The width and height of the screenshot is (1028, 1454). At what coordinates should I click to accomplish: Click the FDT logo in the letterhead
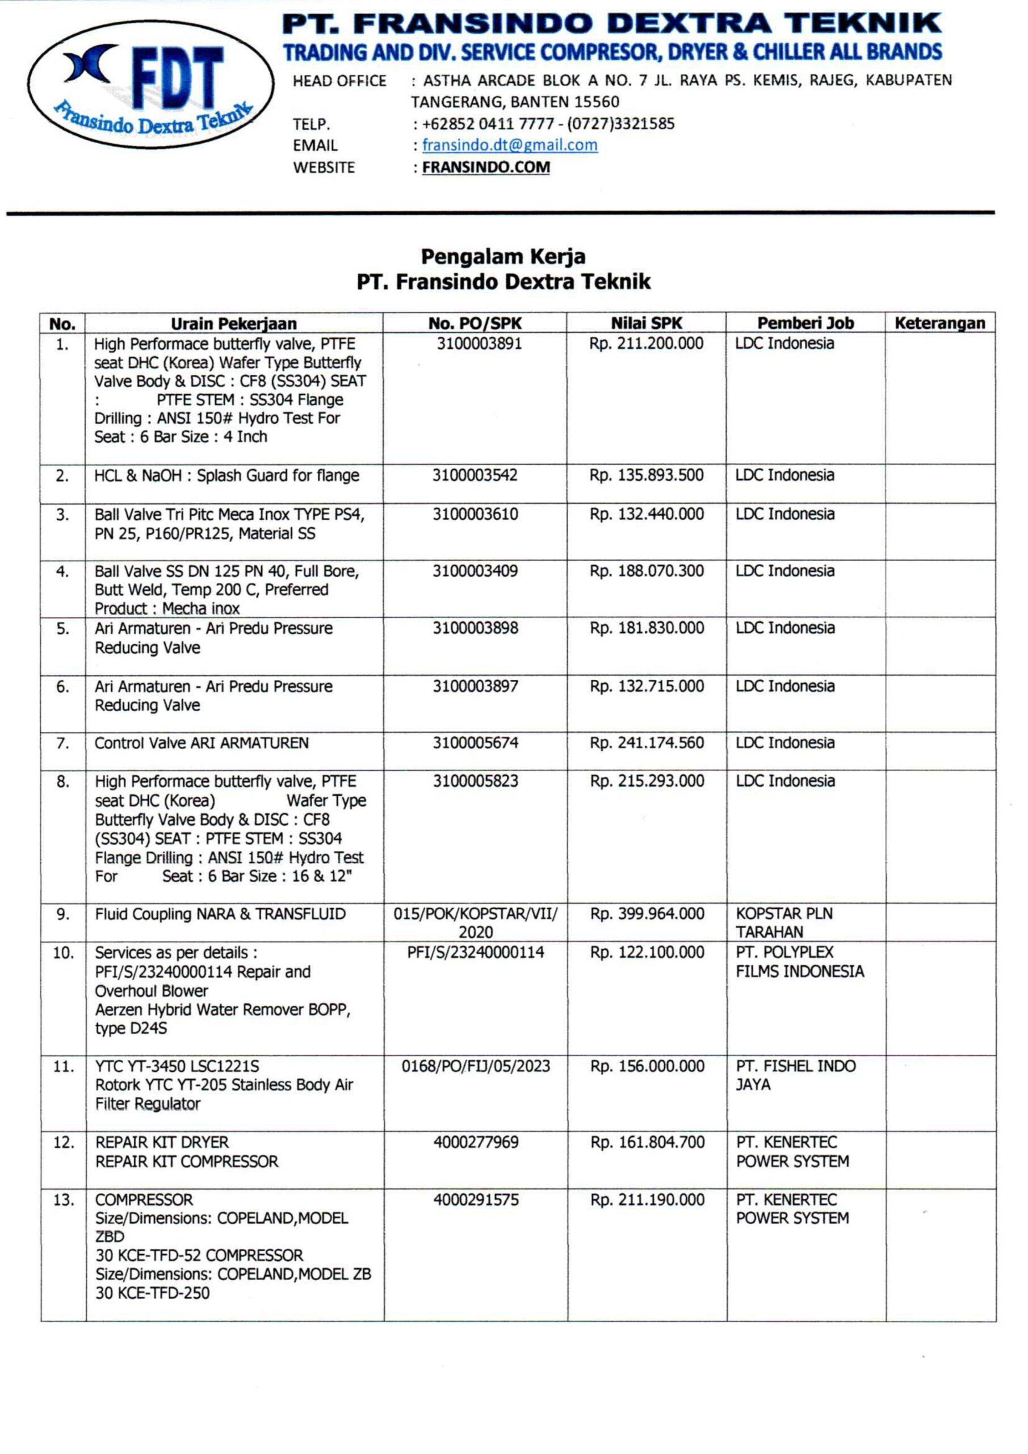pos(150,84)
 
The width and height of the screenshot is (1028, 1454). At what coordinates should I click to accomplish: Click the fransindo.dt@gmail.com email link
pos(510,145)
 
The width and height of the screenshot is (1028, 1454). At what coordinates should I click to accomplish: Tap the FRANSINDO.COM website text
pos(485,167)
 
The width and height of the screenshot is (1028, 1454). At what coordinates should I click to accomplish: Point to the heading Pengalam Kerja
pos(503,257)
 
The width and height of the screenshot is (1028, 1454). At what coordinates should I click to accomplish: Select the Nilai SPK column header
pos(647,323)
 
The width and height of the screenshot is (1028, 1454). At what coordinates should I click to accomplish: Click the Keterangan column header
pos(939,323)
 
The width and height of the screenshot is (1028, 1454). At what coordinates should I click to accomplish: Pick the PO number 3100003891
pos(479,343)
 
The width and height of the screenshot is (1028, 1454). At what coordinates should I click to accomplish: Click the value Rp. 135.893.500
pos(647,475)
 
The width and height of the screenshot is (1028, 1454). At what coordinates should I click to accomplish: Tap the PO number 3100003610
pos(475,513)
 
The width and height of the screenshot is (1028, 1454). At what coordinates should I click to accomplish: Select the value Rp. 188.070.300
pos(647,571)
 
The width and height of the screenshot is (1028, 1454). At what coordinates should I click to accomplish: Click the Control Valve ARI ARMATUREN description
pos(202,743)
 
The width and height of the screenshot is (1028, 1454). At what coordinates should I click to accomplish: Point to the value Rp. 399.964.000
pos(647,914)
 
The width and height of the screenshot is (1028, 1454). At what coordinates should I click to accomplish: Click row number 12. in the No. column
pos(64,1142)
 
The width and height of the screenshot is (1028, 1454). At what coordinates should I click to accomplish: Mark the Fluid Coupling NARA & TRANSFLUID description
pos(220,914)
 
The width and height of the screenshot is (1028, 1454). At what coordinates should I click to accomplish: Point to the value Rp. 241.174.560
pos(647,742)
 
